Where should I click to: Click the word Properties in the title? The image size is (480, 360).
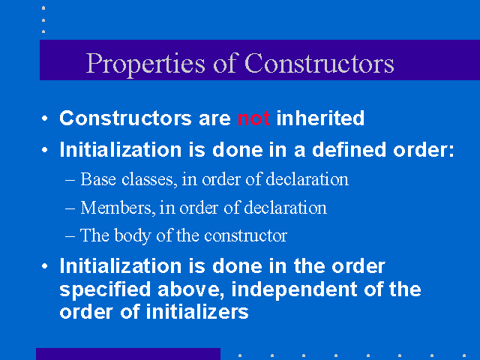pos(145,64)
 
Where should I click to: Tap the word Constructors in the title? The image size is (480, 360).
pos(319,63)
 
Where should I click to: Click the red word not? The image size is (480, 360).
pos(253,118)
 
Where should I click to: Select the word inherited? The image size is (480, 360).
pos(320,118)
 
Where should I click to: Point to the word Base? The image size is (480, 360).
pos(98,179)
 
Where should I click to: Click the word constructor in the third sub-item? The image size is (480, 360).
pos(245,236)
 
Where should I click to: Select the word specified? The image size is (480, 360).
pos(105,289)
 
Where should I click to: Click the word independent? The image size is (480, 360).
pos(294,289)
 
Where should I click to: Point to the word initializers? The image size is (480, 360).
pos(196,312)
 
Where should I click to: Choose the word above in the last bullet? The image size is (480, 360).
pos(190,289)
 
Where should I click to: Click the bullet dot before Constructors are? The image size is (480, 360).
pos(45,118)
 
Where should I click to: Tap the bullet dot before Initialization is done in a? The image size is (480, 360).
pos(45,150)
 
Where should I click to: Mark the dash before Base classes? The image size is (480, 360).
pos(70,180)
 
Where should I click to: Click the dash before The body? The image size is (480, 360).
pos(70,236)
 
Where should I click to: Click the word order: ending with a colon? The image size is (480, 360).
pos(423,150)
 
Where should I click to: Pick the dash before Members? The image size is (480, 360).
pos(70,208)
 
